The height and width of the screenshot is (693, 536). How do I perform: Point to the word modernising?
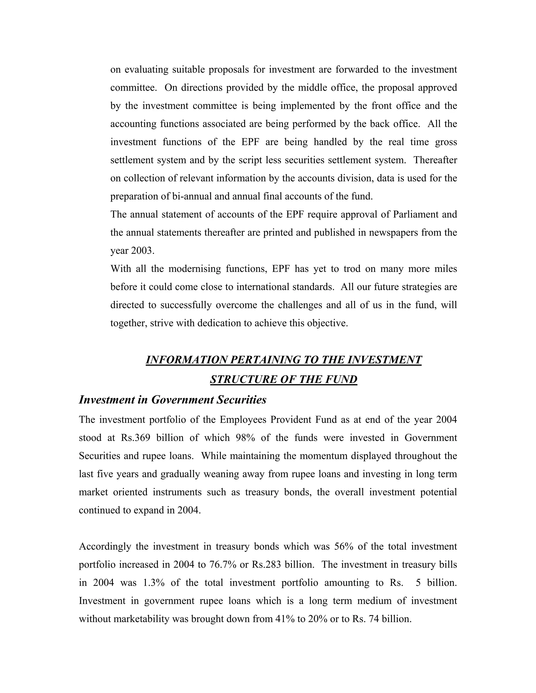(x=195, y=269)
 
